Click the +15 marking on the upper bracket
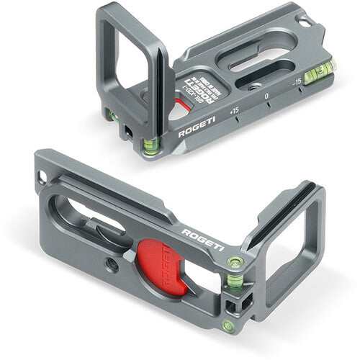(x=233, y=112)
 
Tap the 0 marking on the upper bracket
(x=266, y=95)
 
